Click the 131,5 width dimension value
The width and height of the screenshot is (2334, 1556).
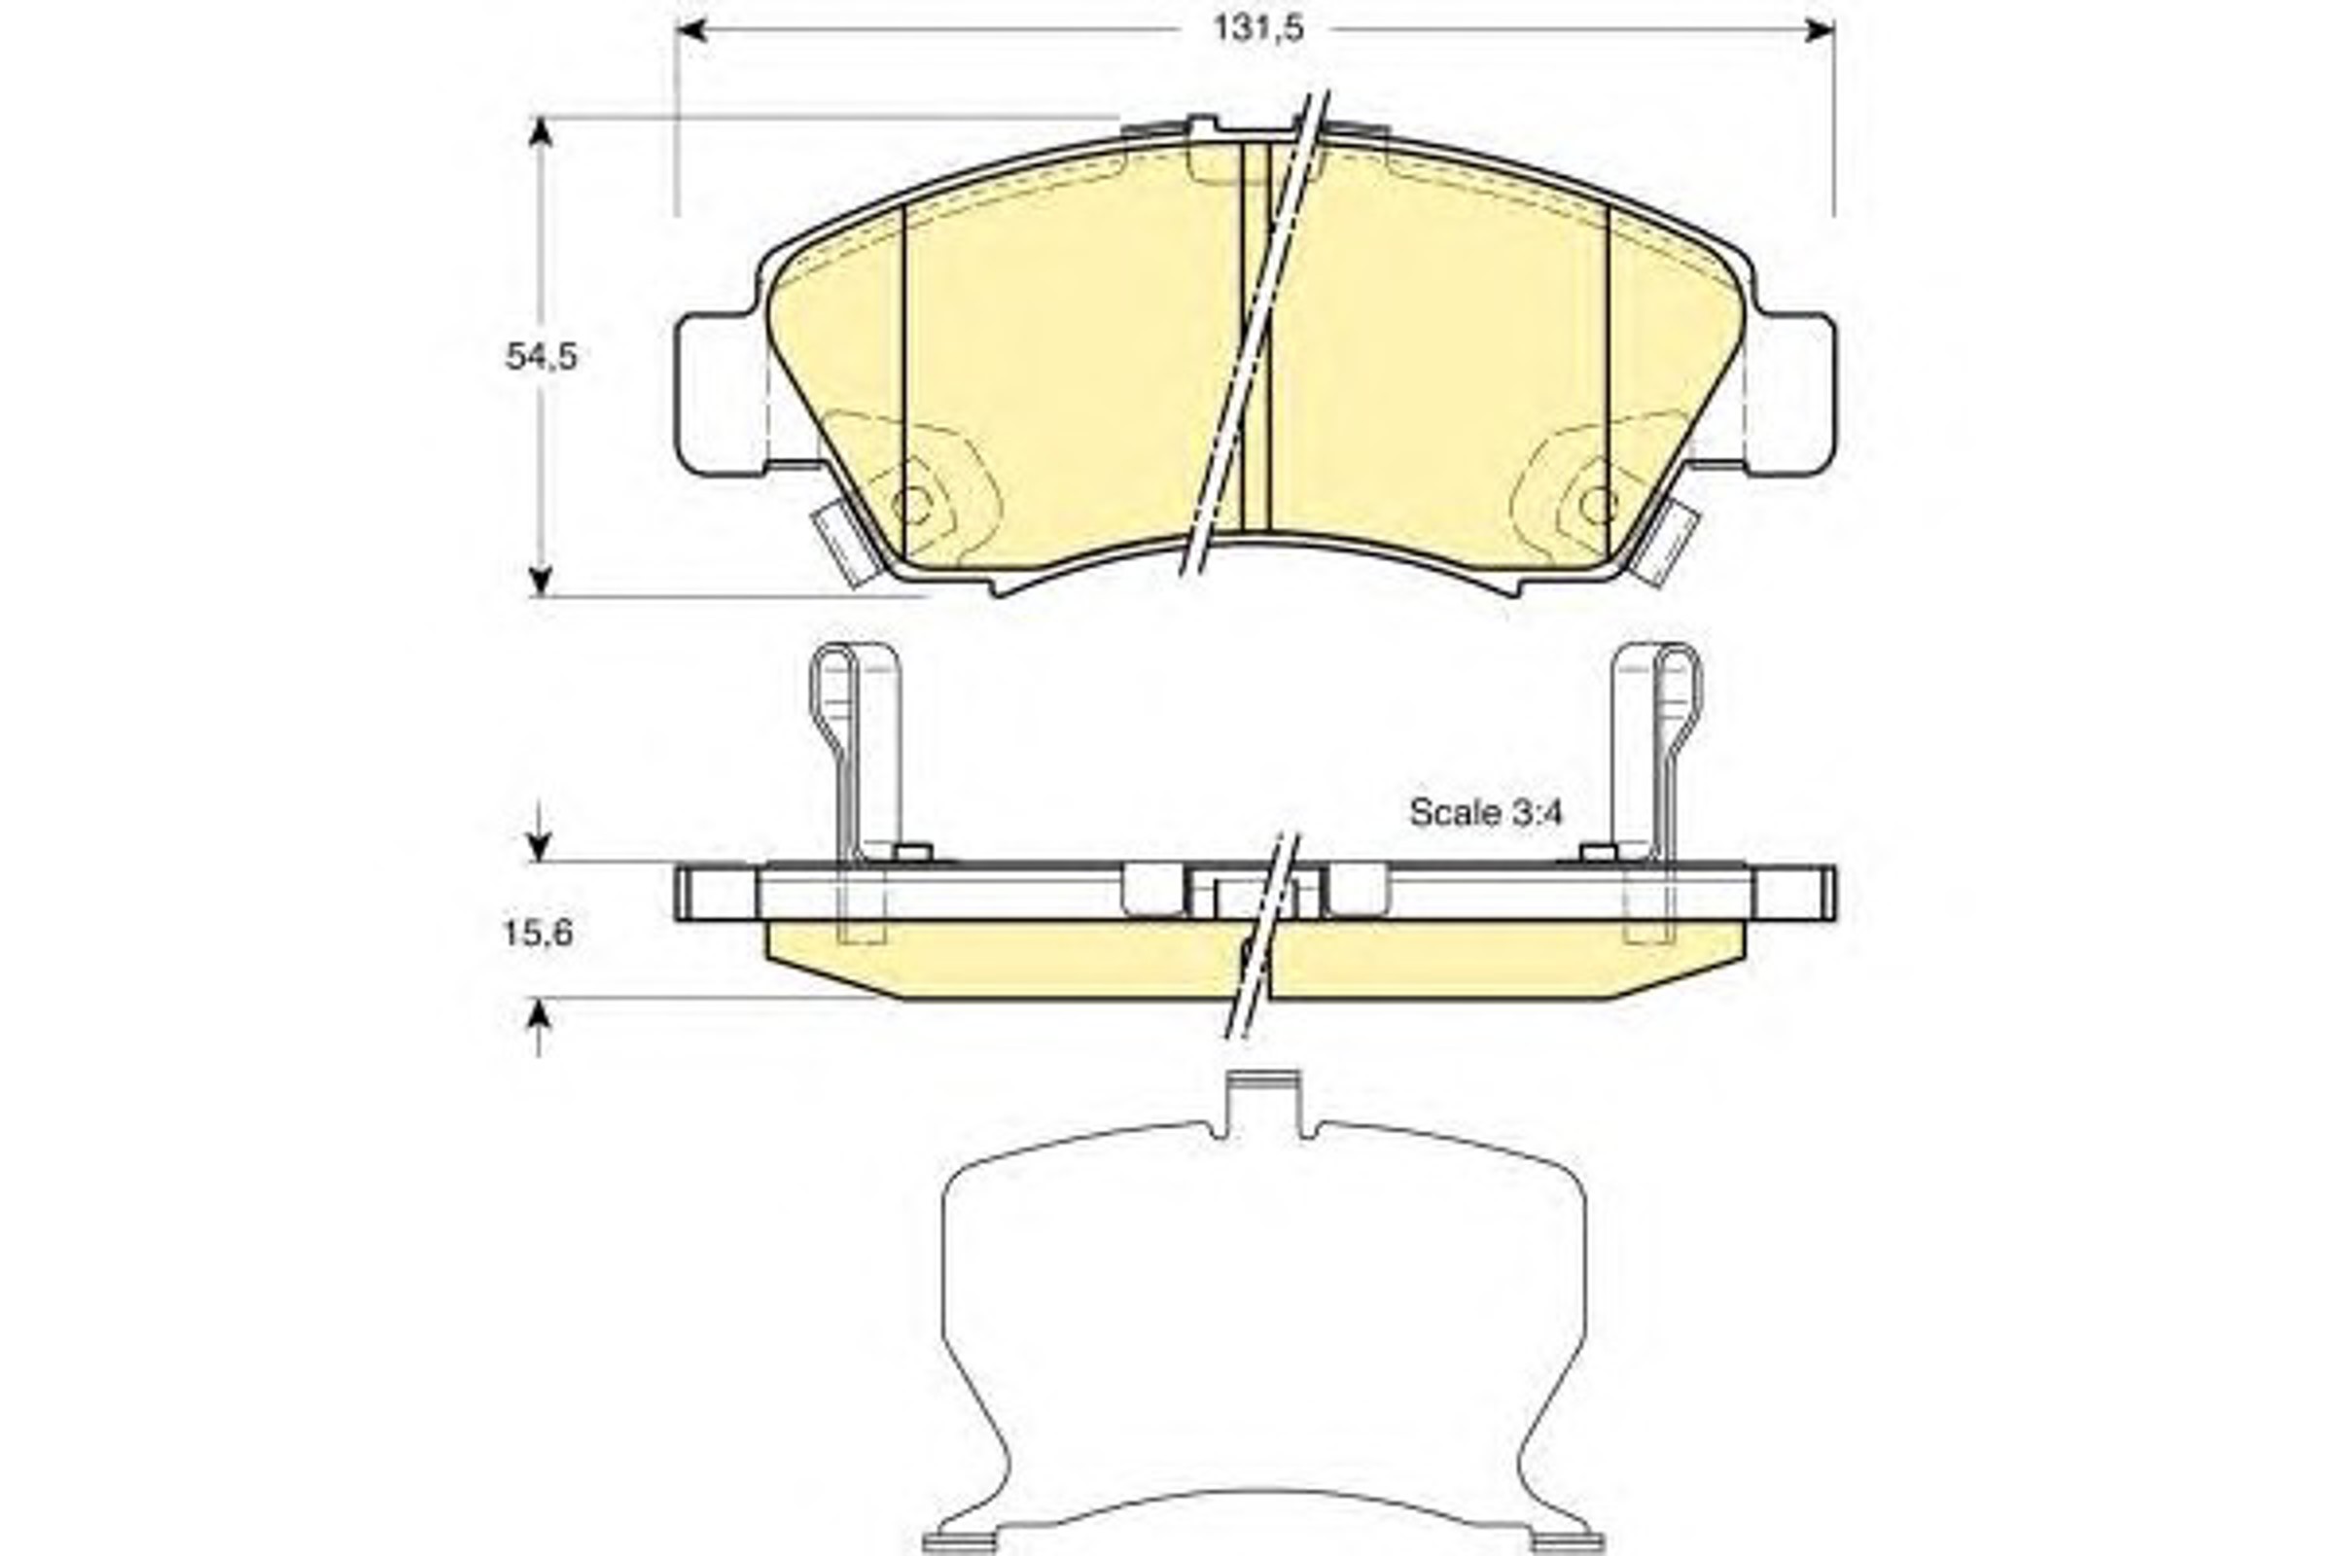(1257, 29)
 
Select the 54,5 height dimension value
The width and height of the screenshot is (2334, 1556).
(541, 355)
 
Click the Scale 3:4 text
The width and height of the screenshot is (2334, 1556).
(1486, 813)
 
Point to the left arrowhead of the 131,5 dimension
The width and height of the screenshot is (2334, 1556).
(690, 30)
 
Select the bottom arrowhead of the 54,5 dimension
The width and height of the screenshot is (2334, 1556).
(540, 581)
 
